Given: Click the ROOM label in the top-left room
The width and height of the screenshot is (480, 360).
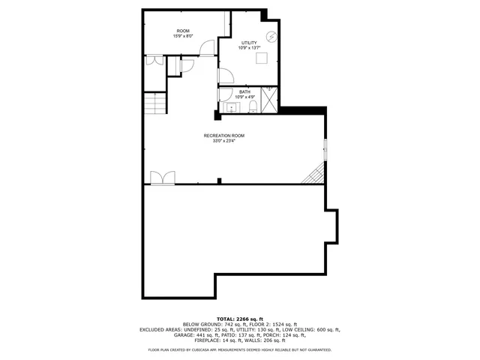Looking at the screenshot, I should (x=183, y=31).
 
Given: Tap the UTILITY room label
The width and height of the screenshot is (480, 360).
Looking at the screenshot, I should (x=248, y=43).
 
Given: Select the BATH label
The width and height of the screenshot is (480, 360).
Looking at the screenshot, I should (x=244, y=91).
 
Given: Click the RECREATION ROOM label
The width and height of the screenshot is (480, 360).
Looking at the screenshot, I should (x=223, y=136).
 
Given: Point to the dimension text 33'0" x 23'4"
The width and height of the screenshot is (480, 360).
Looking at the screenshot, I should (x=223, y=141).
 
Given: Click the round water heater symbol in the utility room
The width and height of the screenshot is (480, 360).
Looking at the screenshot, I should (x=273, y=37).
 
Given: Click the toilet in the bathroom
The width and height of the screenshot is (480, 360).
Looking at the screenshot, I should (x=253, y=107).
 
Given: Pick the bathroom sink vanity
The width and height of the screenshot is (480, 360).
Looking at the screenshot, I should (x=231, y=108).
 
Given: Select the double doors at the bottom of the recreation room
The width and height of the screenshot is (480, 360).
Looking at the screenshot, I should (x=162, y=177).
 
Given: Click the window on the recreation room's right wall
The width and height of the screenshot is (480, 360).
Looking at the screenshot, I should (x=325, y=150).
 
